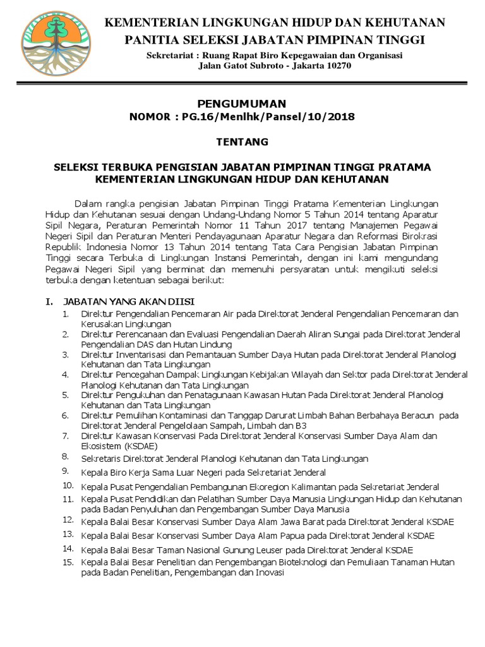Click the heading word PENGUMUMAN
pyautogui.click(x=242, y=104)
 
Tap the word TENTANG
pyautogui.click(x=242, y=142)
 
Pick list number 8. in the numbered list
pyautogui.click(x=66, y=456)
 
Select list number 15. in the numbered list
pyautogui.click(x=68, y=561)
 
